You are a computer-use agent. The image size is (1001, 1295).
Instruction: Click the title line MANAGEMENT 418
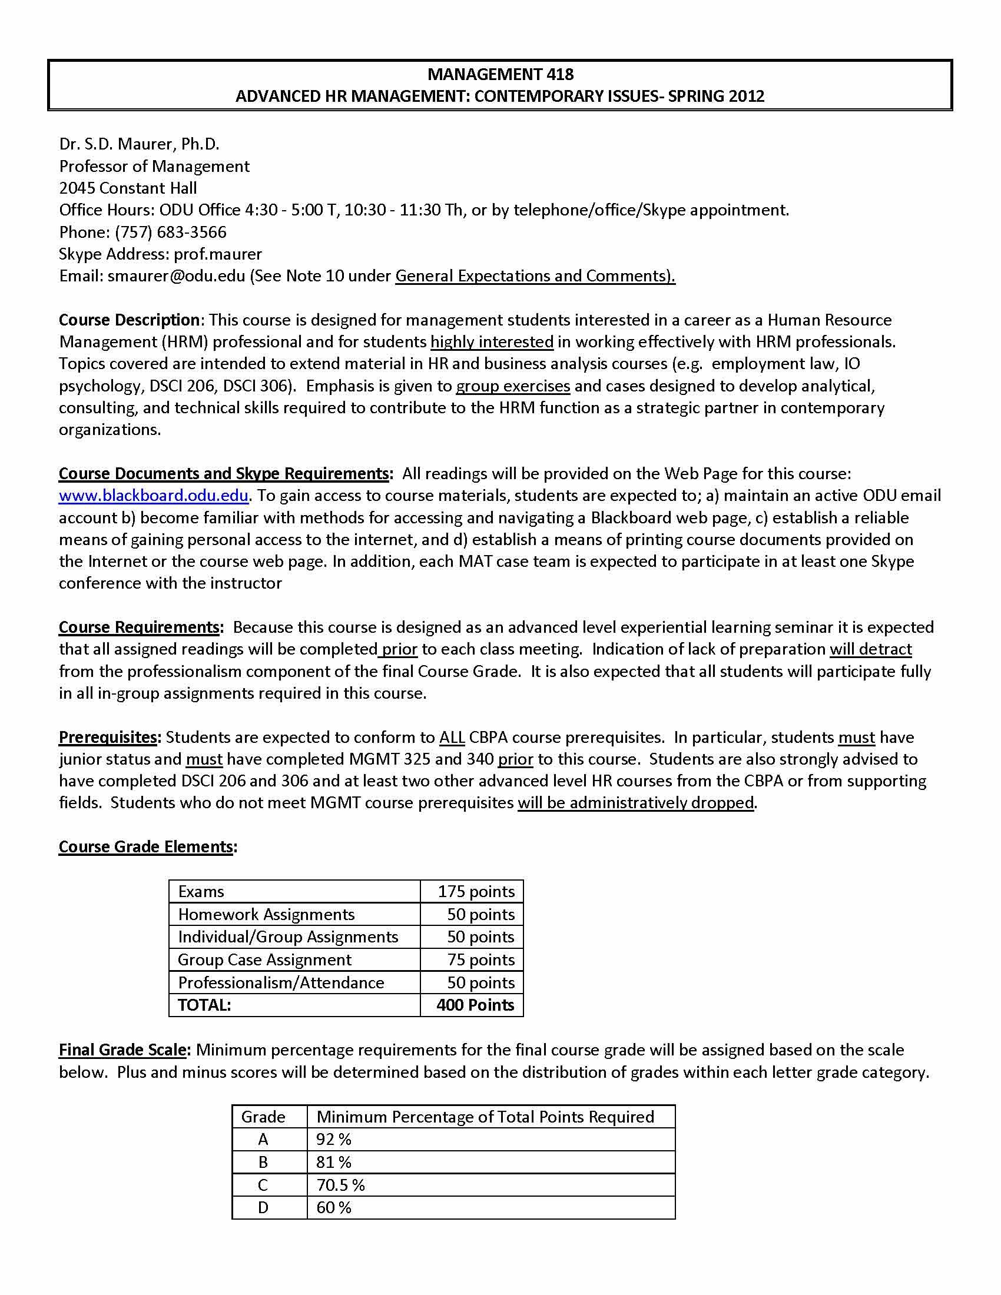(500, 74)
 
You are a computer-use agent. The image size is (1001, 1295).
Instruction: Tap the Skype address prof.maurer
(218, 254)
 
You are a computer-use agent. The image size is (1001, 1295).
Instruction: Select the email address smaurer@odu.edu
(176, 275)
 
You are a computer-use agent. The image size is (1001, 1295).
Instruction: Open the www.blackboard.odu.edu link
(153, 495)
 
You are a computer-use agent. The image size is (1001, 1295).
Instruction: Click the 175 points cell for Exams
(476, 891)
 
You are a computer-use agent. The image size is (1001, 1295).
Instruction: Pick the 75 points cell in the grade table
(480, 959)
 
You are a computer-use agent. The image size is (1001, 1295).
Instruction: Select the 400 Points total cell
(475, 1005)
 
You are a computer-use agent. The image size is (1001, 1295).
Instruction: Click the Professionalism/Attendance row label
(281, 982)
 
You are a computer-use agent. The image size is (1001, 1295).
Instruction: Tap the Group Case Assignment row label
(264, 959)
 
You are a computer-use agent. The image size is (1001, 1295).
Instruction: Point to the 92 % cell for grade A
(334, 1139)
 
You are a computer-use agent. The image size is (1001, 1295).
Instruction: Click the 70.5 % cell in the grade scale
(340, 1185)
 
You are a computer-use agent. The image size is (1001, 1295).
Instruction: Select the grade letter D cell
(263, 1207)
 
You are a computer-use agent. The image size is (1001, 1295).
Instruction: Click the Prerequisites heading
(108, 737)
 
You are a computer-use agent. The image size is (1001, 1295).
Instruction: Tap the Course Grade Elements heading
(146, 846)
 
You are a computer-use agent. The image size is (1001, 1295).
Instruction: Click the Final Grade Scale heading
(122, 1050)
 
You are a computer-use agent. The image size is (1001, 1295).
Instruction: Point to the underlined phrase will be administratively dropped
(636, 803)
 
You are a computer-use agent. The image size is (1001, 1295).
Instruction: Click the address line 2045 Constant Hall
(128, 188)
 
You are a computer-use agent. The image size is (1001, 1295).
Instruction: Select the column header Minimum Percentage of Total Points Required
(485, 1117)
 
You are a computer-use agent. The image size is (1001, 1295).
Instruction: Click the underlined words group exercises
(513, 386)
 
